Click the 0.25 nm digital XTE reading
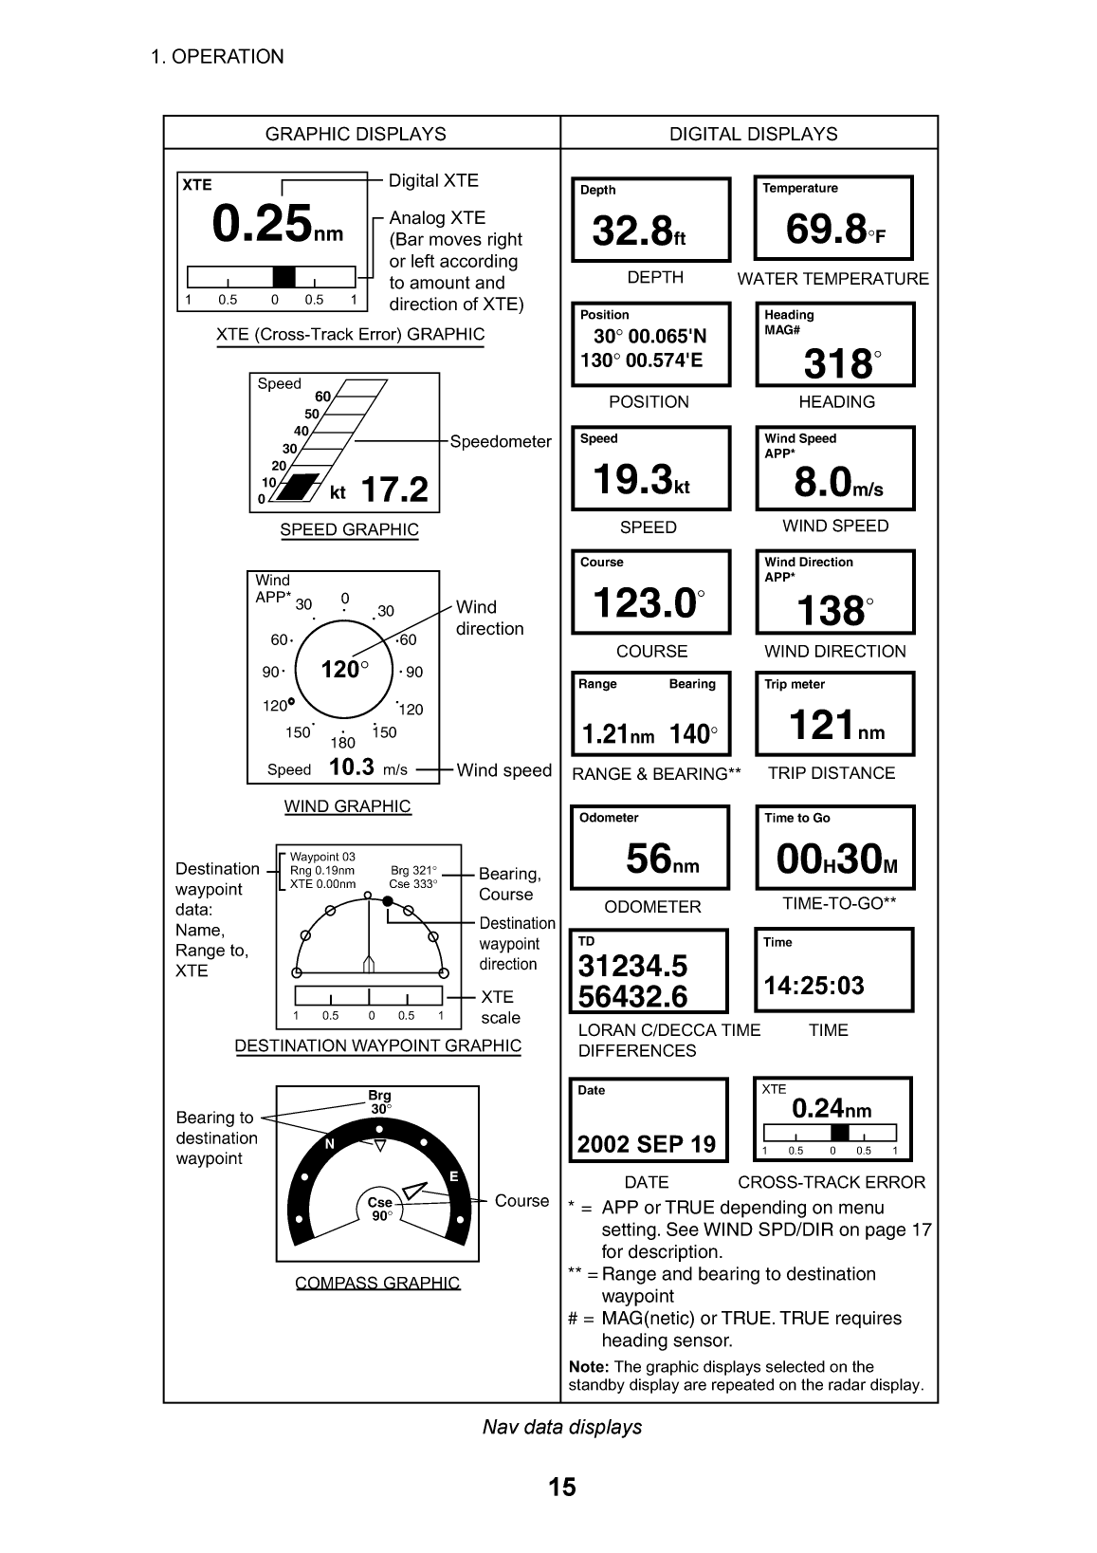click(276, 225)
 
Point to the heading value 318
click(839, 363)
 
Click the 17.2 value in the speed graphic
click(394, 490)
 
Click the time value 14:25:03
click(814, 986)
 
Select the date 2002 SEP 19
click(647, 1144)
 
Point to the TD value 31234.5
click(632, 966)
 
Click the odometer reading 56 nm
click(662, 860)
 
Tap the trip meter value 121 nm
click(835, 727)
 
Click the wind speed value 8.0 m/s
click(838, 484)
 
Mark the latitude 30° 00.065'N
click(649, 337)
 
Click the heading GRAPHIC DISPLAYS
click(356, 134)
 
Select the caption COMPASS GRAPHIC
click(377, 1283)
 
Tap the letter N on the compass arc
click(330, 1144)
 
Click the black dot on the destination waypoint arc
click(388, 901)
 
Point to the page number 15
click(562, 1487)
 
